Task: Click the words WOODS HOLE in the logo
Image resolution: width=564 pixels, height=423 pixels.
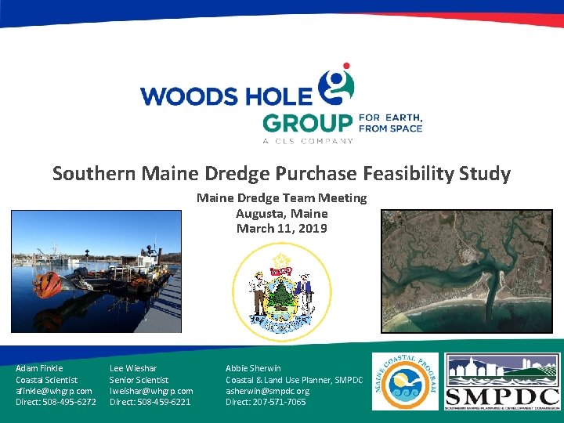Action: click(227, 96)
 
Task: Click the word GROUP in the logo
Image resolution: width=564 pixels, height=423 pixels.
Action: click(307, 124)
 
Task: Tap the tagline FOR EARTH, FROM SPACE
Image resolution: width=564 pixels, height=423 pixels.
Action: click(390, 123)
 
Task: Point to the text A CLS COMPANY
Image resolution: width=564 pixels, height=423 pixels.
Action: click(307, 141)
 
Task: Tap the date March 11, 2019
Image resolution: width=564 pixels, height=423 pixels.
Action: click(282, 229)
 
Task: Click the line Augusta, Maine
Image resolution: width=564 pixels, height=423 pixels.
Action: click(282, 213)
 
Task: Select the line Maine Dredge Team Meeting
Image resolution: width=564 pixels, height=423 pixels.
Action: click(282, 198)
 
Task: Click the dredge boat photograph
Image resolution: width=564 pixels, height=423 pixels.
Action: click(96, 271)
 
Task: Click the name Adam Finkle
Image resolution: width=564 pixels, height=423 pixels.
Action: click(39, 368)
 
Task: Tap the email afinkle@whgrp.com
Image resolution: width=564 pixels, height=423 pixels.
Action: click(54, 391)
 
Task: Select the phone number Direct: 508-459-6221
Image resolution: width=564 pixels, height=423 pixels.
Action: click(150, 402)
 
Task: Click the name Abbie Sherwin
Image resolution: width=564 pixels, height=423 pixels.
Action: click(253, 368)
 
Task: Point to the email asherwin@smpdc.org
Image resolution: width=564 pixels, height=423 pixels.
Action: click(267, 391)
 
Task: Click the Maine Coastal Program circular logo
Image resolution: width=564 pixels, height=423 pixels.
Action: click(405, 381)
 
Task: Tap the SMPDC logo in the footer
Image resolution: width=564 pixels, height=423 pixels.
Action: click(502, 381)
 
